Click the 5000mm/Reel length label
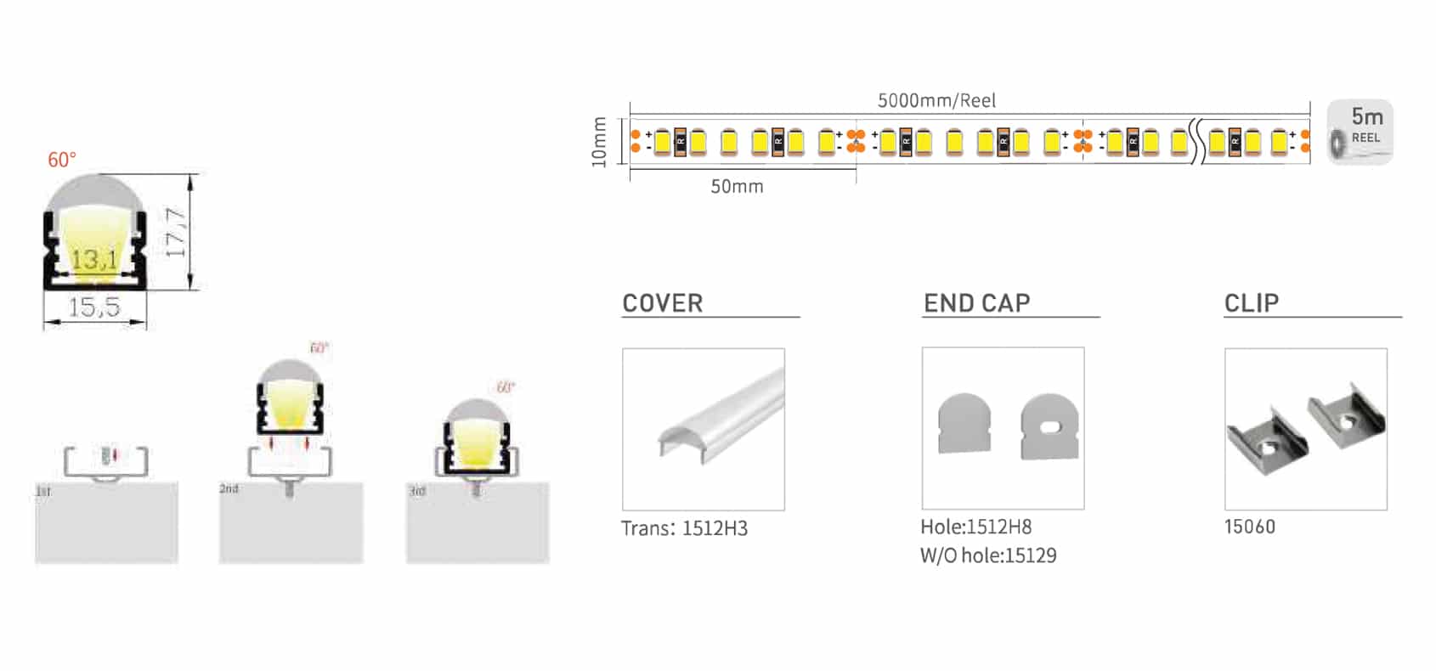[x=936, y=100]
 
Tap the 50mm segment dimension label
[x=737, y=187]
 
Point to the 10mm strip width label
[x=600, y=142]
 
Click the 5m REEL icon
[x=1360, y=133]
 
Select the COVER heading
[x=663, y=303]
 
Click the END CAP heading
[x=977, y=303]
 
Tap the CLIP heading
[x=1252, y=303]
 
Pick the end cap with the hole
[x=1050, y=426]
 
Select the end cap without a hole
[x=964, y=423]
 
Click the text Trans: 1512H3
[x=685, y=528]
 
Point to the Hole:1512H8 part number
[x=976, y=527]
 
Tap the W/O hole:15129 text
[x=988, y=555]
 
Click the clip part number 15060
[x=1250, y=527]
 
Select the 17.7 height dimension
[x=176, y=232]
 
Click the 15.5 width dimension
[x=94, y=307]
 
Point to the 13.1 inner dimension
[x=94, y=258]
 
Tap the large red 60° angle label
[x=62, y=160]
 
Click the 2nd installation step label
[x=229, y=488]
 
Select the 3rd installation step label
[x=417, y=491]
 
